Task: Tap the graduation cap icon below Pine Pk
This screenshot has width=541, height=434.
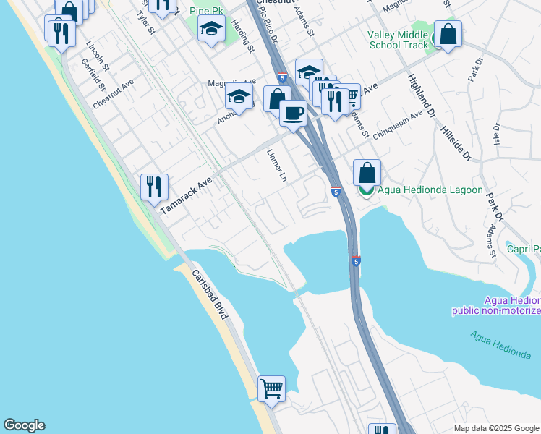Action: coord(211,30)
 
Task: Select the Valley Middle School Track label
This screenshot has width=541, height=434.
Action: coord(398,40)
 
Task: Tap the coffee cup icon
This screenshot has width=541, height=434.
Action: coord(293,114)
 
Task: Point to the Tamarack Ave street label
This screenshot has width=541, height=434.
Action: coord(186,195)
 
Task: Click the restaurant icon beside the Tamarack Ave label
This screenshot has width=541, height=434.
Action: coord(154,187)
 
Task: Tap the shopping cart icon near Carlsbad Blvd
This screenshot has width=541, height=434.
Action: coord(271,388)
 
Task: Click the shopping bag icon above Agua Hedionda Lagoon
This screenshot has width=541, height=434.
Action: coord(367,173)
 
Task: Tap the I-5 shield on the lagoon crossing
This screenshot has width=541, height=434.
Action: coord(356,261)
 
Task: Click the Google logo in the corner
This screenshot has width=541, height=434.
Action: coord(24,425)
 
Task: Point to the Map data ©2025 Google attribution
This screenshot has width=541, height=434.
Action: coord(495,427)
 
